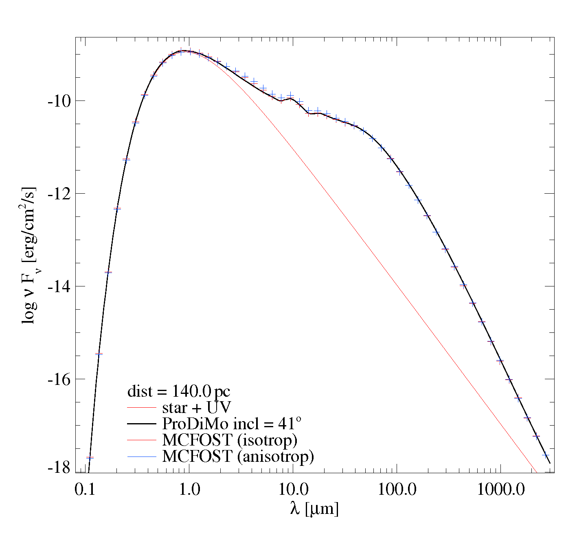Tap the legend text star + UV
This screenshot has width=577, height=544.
click(196, 408)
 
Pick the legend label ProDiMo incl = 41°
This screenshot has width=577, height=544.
click(232, 424)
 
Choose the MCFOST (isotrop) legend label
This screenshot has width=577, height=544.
click(230, 440)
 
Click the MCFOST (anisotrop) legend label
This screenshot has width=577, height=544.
click(238, 456)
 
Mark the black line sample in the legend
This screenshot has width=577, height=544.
click(142, 424)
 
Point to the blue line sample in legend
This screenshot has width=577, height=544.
click(142, 457)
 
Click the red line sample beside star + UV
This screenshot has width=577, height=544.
click(142, 408)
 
